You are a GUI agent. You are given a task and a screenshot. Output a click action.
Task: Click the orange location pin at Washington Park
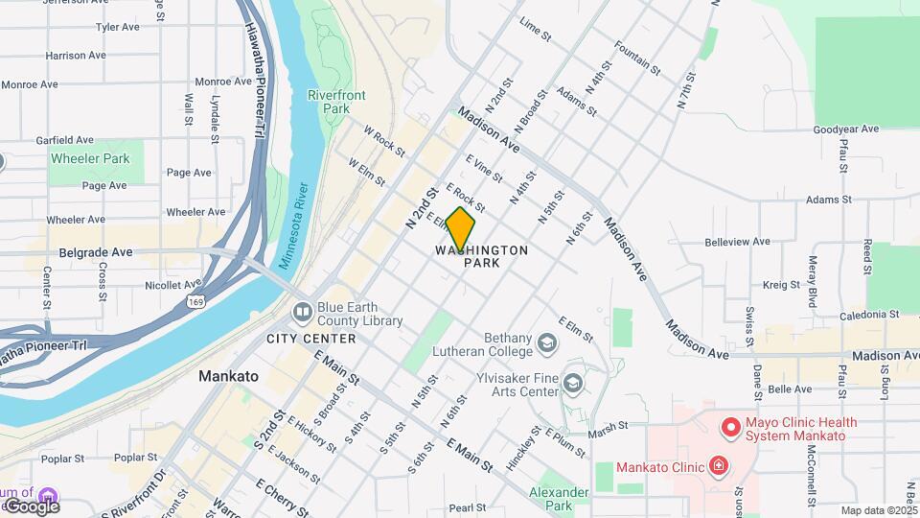[x=461, y=228]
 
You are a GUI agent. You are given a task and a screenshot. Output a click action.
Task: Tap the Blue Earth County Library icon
[x=303, y=312]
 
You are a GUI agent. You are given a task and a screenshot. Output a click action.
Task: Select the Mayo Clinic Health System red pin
[x=730, y=426]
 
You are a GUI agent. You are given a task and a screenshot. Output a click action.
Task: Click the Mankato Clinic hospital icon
[x=718, y=467]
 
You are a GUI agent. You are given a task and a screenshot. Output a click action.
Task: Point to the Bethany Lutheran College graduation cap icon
[x=546, y=342]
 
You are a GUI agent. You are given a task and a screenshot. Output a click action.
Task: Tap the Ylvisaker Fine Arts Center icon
[x=573, y=384]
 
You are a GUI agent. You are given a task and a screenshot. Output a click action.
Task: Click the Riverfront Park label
[x=329, y=102]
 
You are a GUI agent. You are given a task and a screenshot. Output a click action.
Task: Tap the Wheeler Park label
[x=89, y=158]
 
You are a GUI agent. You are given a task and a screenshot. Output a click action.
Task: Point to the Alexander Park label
[x=560, y=498]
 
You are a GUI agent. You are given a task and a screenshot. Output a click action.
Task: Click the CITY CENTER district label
[x=310, y=339]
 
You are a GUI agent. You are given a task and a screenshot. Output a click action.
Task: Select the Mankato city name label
[x=228, y=376]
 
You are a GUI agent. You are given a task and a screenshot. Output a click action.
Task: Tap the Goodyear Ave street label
[x=845, y=129]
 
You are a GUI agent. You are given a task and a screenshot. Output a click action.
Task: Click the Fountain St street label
[x=637, y=59]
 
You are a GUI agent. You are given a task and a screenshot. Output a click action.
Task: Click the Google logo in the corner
[x=31, y=506]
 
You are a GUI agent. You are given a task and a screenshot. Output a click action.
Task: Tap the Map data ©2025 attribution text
[x=878, y=510]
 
